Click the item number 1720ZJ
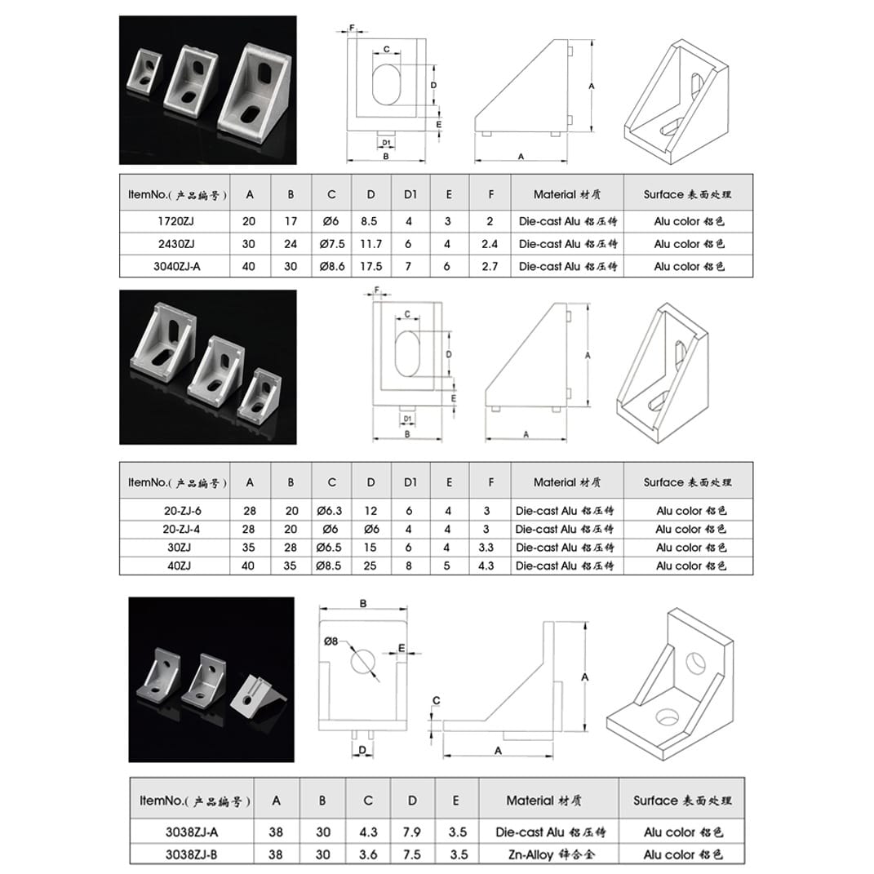pos(175,221)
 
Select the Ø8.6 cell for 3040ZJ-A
pos(331,266)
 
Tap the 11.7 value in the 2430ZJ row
pos(370,243)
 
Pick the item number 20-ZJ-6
pos(182,510)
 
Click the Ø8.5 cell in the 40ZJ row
pos(328,566)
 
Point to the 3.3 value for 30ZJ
pos(486,548)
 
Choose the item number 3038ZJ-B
pos(191,854)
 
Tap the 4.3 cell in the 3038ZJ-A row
pos(368,832)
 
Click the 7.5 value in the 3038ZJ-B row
pos(412,854)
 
